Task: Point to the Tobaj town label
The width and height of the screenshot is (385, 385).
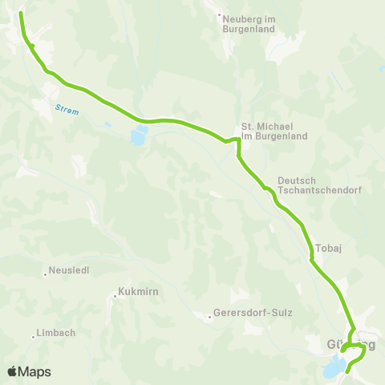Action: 330,249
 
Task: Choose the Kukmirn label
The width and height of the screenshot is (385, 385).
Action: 136,291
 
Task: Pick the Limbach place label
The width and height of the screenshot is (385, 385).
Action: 55,334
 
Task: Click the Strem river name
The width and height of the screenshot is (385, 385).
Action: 67,110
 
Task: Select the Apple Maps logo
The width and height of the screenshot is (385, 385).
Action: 29,371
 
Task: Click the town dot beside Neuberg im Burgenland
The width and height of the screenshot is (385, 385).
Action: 221,14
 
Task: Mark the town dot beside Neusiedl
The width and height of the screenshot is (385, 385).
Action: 45,275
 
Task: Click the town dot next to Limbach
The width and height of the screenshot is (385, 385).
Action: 33,338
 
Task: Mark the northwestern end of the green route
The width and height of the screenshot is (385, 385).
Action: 20,14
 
